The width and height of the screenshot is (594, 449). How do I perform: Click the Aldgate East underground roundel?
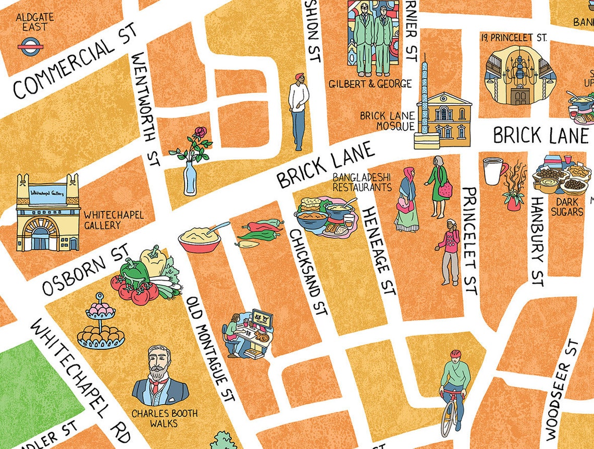pos(31,47)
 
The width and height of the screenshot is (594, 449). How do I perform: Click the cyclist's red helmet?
pos(455,354)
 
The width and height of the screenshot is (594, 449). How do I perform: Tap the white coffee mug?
pos(493,171)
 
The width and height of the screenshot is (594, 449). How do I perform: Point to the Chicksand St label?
pos(308,271)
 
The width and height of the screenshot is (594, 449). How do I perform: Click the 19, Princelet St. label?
pos(514,37)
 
